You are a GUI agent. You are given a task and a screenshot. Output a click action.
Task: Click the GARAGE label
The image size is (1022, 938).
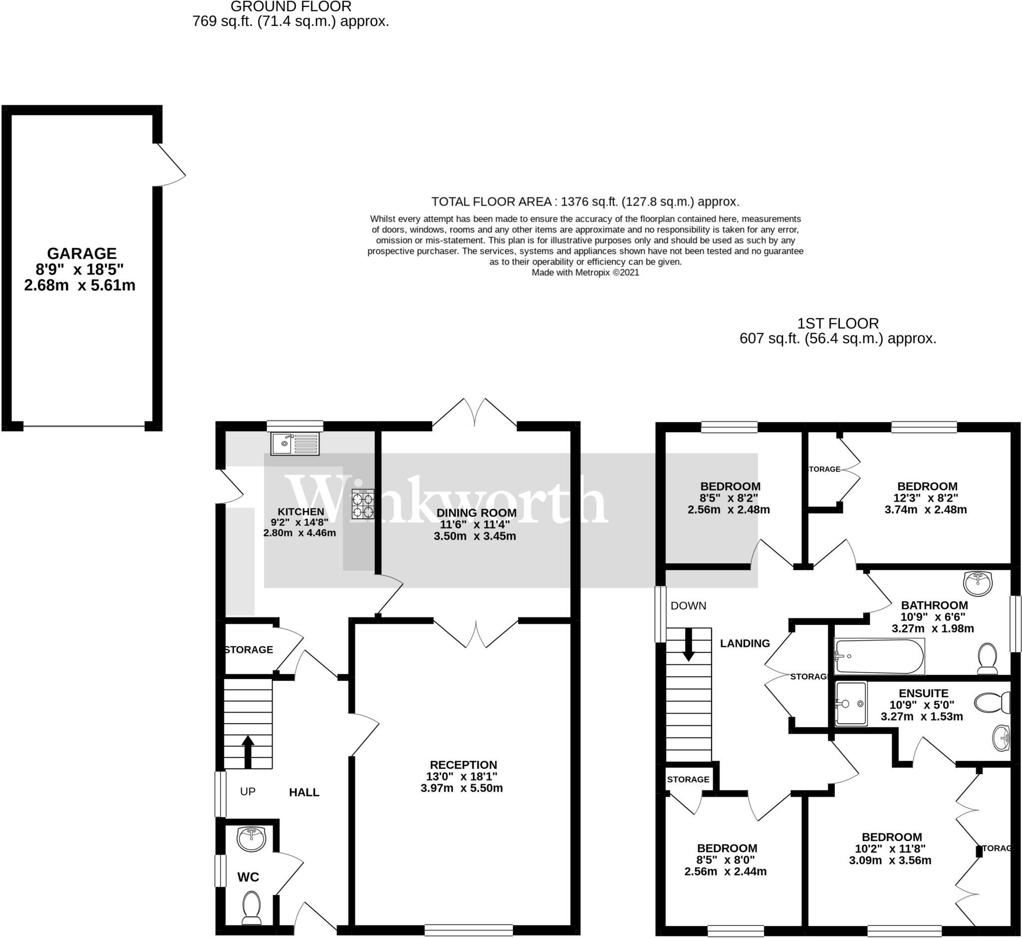coord(82,253)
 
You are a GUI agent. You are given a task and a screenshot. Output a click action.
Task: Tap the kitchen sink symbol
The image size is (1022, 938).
coord(295,444)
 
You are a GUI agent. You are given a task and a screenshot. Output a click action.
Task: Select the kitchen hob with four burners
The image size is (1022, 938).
coord(363,504)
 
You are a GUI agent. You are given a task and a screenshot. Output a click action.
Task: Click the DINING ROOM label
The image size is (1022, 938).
coord(476,513)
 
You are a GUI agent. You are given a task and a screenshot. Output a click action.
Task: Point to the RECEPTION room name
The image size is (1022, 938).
coord(463,765)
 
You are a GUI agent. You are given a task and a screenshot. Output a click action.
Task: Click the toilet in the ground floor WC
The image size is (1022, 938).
coord(251,908)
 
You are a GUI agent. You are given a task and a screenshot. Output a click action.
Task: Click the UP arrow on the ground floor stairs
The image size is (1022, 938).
coord(248,750)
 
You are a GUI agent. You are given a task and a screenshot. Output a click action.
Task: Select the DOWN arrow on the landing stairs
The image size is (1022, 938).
coord(688,645)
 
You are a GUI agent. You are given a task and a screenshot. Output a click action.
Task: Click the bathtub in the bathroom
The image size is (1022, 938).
coord(879,656)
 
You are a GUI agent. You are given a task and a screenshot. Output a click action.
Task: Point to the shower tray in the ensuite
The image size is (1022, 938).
coord(851,704)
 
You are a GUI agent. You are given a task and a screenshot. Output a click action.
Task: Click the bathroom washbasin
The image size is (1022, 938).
coord(977,583)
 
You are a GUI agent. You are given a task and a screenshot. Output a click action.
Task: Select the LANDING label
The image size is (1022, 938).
coord(745,644)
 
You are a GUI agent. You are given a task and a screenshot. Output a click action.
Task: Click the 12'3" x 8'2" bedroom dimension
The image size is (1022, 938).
coord(926,498)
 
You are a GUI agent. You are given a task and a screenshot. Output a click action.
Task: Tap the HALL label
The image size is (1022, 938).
coord(304,792)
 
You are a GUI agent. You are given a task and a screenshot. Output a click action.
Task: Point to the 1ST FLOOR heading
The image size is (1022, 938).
coord(838,323)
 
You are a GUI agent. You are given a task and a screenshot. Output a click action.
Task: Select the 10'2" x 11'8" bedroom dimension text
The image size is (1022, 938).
coord(890,848)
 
